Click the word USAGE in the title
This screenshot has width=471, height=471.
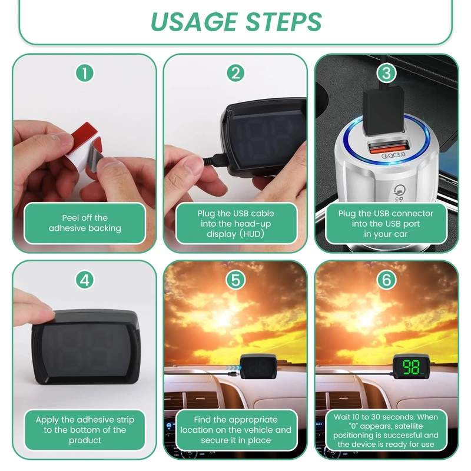coord(194,22)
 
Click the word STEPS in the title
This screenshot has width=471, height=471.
coord(284,22)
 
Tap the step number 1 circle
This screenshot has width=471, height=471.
coord(85,73)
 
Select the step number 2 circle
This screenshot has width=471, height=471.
coord(235,73)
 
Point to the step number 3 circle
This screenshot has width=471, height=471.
coord(386,73)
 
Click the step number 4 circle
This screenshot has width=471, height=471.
coord(85,280)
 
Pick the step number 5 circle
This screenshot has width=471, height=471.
coord(235,280)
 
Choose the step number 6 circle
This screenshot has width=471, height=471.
coord(386,280)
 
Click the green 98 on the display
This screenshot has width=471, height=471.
coord(411,367)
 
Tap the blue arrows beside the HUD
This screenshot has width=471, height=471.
coord(234,367)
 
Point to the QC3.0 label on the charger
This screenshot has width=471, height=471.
coord(393,155)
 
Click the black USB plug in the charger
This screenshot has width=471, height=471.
coord(384,111)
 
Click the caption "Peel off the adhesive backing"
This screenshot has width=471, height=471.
coord(85,223)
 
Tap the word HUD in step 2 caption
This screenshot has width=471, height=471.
coord(252,234)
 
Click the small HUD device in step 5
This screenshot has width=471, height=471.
coord(258,366)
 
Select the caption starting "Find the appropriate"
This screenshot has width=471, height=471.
coord(235,430)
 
